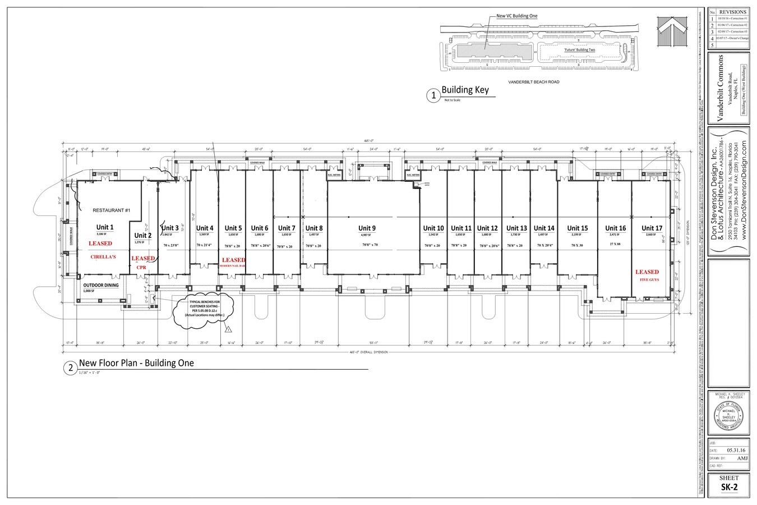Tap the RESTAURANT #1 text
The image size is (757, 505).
coord(111,210)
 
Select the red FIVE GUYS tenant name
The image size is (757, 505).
coord(647,279)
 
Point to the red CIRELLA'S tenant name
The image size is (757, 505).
coord(103,257)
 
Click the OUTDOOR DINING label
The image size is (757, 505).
coord(98,285)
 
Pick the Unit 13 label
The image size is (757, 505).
coord(516,228)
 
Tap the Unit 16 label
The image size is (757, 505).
coord(615,228)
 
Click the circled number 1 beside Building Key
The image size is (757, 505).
coord(433,96)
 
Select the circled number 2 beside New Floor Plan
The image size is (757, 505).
coord(70,368)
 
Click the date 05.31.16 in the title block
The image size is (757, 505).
coord(736,450)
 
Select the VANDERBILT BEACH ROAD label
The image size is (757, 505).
coord(533,82)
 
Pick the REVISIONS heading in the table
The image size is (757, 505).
coord(732,11)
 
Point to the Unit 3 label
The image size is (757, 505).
coord(170,228)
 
